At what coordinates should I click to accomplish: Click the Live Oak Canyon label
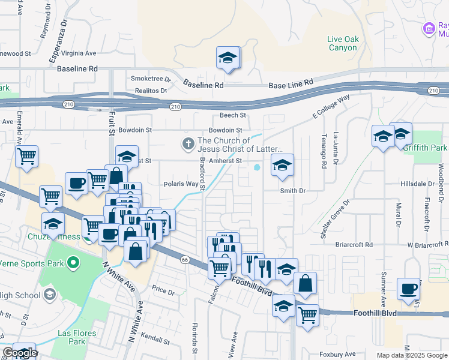coord(343,43)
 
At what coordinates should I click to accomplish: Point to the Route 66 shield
coord(184,259)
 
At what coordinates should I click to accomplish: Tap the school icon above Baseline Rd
coord(228,58)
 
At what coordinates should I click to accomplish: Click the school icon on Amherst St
coord(282,164)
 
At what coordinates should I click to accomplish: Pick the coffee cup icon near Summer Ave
coord(408,289)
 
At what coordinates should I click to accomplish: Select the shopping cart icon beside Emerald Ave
coord(26,157)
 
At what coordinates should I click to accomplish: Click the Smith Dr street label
coord(293,190)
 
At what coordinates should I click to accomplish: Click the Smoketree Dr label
coord(151,79)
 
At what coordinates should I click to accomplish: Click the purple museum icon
coord(429,28)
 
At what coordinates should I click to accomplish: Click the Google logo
coord(20,353)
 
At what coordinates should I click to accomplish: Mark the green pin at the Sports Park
coord(73,263)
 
